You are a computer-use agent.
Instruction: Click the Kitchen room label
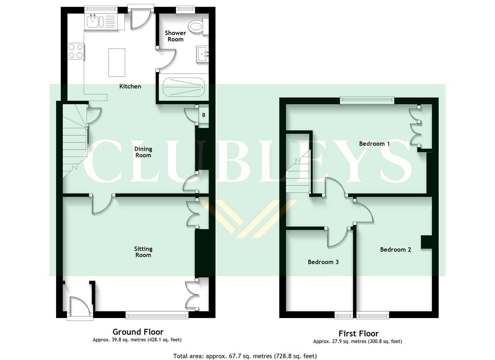tap(130, 86)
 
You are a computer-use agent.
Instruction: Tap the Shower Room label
tap(175, 36)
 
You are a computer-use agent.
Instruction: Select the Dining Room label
tap(143, 152)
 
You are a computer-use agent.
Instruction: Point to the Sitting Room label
tap(143, 252)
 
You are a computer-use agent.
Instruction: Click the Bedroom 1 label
tap(374, 144)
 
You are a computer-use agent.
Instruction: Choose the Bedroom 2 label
tap(395, 249)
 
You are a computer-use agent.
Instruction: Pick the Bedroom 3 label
tap(323, 262)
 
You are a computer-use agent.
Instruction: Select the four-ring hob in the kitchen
tap(76, 51)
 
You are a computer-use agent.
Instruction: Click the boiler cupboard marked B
tap(203, 115)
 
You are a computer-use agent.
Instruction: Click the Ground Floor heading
tap(138, 332)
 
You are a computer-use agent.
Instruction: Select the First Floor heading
tap(358, 333)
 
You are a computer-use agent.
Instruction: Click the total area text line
tap(245, 356)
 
